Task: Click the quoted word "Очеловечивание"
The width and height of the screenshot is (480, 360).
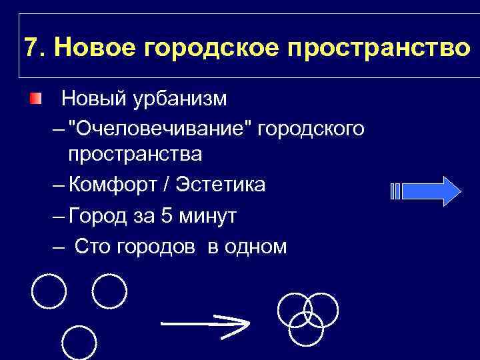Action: point(161,127)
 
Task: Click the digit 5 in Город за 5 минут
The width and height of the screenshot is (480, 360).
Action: point(168,216)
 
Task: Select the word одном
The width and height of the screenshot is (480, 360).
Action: point(256,247)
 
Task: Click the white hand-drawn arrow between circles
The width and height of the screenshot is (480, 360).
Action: point(205,325)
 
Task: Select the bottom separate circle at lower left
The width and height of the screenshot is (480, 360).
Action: point(79,343)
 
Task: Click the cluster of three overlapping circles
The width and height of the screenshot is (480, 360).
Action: point(307,316)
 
